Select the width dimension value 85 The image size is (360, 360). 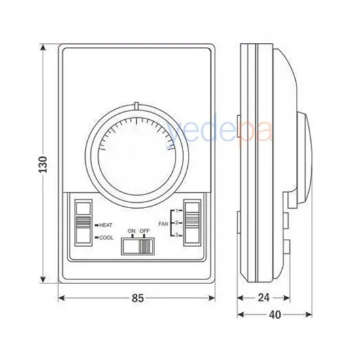pyautogui.click(x=137, y=298)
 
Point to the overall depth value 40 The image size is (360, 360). pyautogui.click(x=275, y=315)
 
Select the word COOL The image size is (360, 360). pyautogui.click(x=106, y=237)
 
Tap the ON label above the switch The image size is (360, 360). pyautogui.click(x=131, y=232)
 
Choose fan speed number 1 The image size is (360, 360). pyautogui.click(x=177, y=210)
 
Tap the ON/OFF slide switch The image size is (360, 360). pyautogui.click(x=138, y=246)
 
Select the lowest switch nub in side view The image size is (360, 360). pyautogui.click(x=287, y=247)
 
